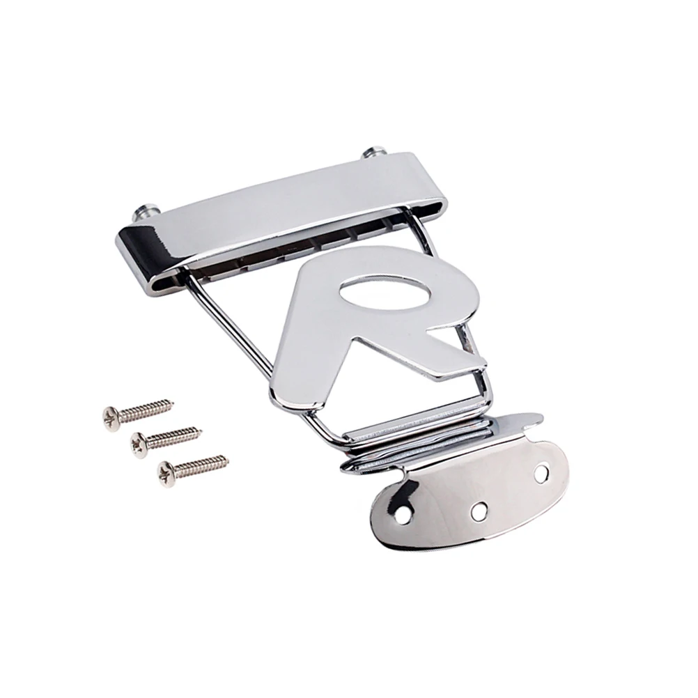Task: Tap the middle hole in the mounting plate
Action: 478,510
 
